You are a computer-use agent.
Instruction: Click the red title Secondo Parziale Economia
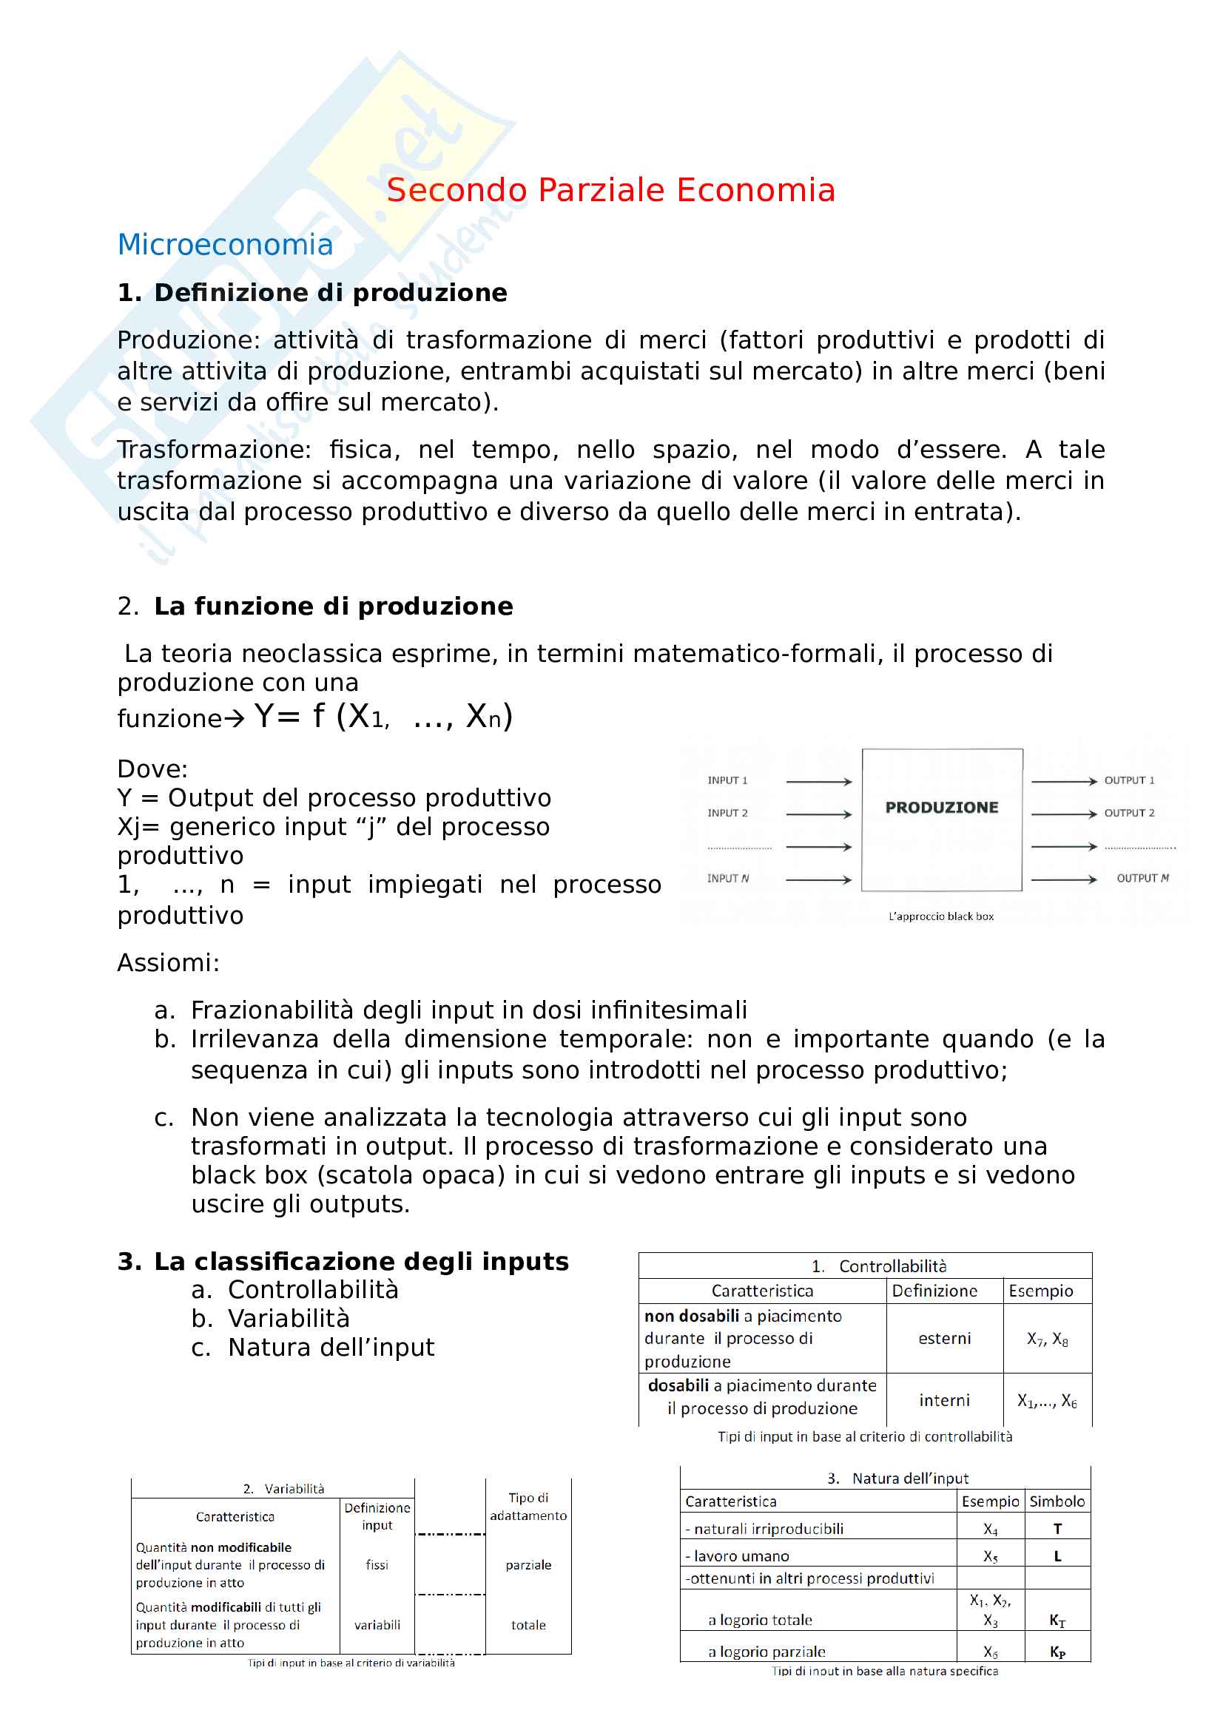click(x=610, y=190)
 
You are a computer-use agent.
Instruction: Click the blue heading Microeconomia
click(x=225, y=245)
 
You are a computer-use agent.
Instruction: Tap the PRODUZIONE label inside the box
click(x=941, y=807)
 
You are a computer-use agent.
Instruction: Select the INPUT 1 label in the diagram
click(x=727, y=780)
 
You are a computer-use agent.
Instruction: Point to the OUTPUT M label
click(x=1142, y=878)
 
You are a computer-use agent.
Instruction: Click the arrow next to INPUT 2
click(x=818, y=814)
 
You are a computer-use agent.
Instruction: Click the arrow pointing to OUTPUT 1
click(x=1063, y=781)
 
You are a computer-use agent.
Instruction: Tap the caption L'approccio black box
click(x=940, y=916)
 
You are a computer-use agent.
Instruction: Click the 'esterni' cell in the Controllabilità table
click(x=944, y=1338)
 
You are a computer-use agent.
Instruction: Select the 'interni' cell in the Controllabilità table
click(x=944, y=1400)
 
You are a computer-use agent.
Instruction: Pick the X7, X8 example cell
click(x=1047, y=1339)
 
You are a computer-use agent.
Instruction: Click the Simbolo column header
click(x=1057, y=1501)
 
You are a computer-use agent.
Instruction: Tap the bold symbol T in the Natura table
click(x=1057, y=1529)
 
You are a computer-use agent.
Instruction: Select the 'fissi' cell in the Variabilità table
click(x=377, y=1565)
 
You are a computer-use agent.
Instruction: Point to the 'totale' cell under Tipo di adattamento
click(x=528, y=1625)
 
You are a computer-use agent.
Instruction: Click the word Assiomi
click(x=167, y=963)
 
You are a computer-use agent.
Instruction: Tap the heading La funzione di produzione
click(x=333, y=606)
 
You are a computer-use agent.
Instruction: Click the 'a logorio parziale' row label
click(x=767, y=1652)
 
